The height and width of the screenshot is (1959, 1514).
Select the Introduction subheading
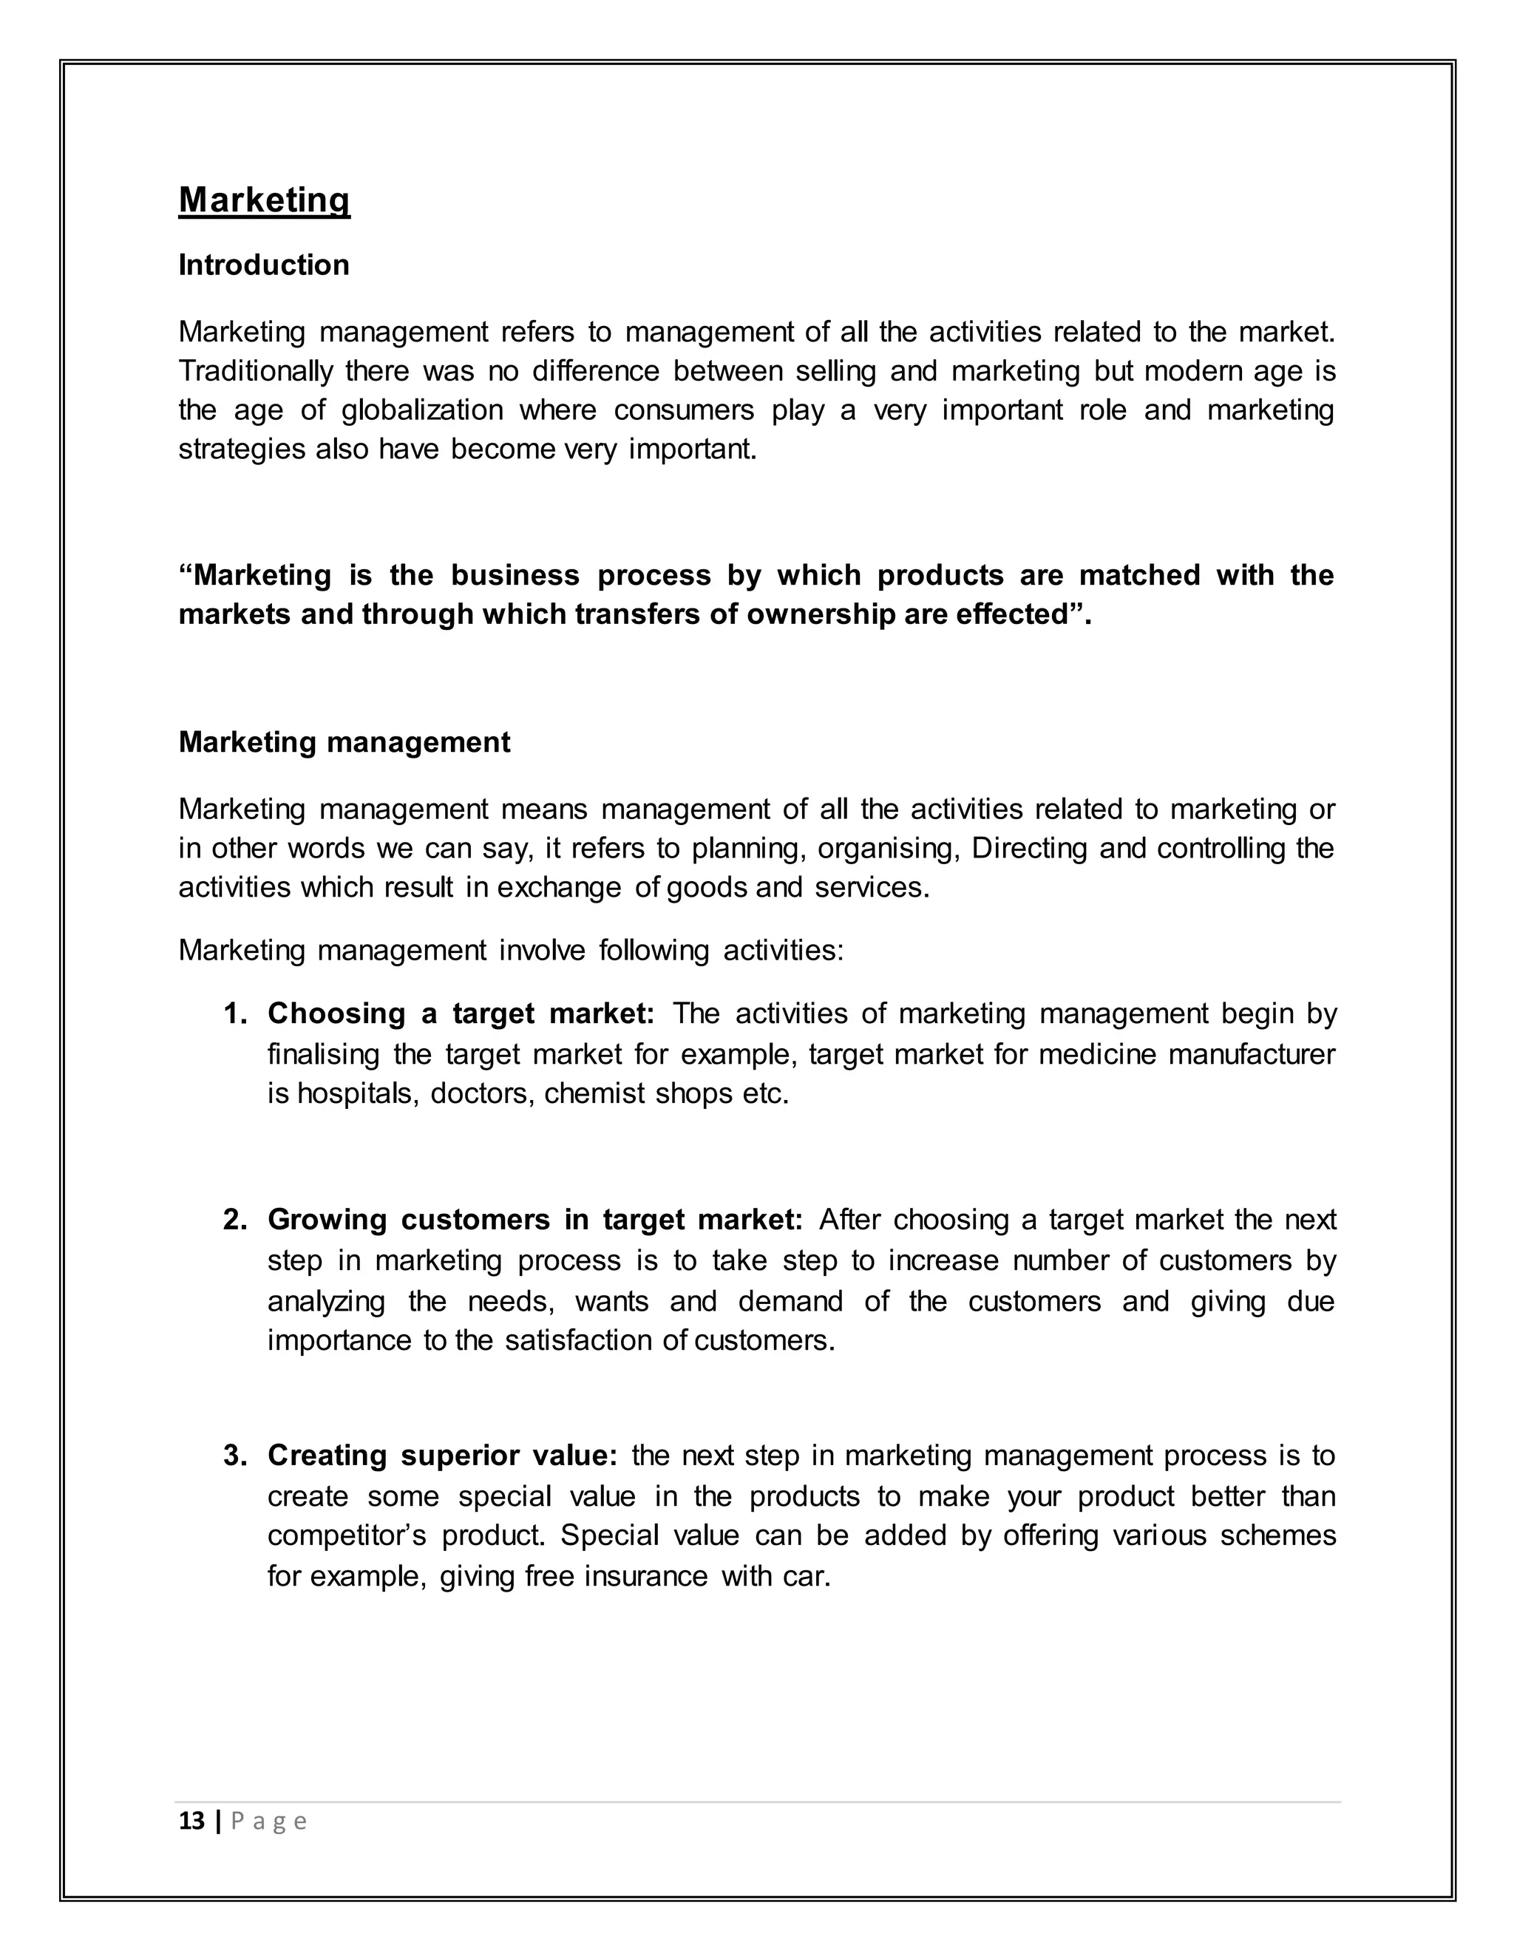(x=264, y=265)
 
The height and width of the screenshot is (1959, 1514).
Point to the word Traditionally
(x=256, y=370)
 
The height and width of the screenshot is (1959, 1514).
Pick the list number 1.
(x=235, y=1014)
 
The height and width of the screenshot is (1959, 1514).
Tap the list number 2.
(x=235, y=1220)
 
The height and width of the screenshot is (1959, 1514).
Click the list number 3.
(x=235, y=1455)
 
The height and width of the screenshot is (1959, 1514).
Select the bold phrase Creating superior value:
(x=442, y=1455)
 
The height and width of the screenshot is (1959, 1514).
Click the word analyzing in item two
(x=327, y=1302)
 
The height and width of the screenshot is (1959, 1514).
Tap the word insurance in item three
(x=646, y=1576)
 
